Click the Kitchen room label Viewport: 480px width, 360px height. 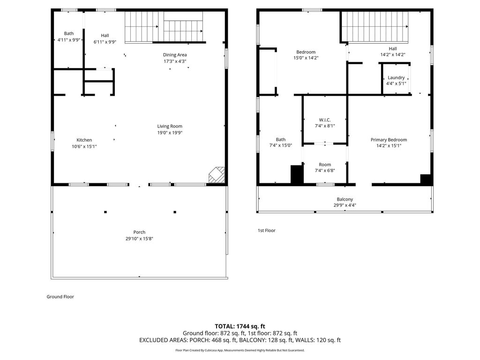84,140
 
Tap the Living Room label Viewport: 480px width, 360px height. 170,126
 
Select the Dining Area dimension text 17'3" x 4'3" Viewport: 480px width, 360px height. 175,61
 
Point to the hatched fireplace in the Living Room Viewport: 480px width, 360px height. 217,175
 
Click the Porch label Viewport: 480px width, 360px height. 139,232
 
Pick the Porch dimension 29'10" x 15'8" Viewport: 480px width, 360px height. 139,239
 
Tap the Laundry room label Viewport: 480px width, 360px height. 396,78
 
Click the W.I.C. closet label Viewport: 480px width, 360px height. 325,120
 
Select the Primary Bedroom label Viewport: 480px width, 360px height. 389,140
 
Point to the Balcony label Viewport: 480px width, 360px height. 345,199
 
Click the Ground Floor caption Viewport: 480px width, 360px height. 60,297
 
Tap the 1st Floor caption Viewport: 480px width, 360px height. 267,231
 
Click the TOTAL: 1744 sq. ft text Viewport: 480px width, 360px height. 240,326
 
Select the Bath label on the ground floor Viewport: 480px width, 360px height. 69,33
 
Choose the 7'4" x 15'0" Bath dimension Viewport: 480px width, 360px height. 281,145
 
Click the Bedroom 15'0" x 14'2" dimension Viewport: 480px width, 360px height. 306,58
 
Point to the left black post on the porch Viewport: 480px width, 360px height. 105,212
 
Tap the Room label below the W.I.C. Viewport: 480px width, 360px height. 325,165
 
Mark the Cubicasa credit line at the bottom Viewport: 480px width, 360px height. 240,350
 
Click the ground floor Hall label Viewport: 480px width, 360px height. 105,36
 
